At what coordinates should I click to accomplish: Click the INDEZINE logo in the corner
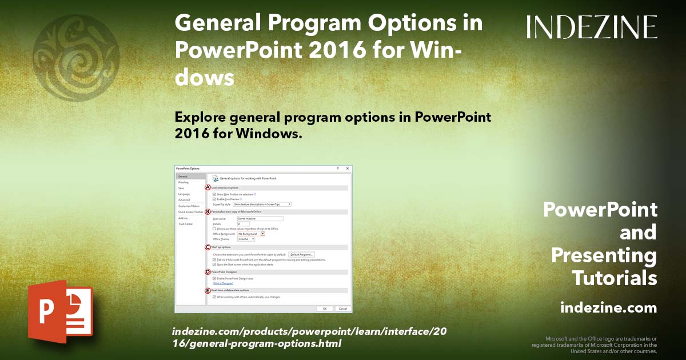pyautogui.click(x=592, y=27)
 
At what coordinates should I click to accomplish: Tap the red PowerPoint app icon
pyautogui.click(x=60, y=311)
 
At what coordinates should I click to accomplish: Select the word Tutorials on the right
pyautogui.click(x=615, y=278)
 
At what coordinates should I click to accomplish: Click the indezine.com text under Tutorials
pyautogui.click(x=608, y=308)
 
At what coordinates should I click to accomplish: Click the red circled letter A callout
pyautogui.click(x=208, y=187)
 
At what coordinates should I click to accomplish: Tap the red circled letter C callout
pyautogui.click(x=208, y=247)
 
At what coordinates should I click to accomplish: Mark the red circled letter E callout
pyautogui.click(x=208, y=290)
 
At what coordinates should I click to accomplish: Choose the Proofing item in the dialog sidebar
pyautogui.click(x=184, y=182)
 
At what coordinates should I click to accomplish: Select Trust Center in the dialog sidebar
pyautogui.click(x=186, y=224)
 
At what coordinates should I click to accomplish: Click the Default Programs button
pyautogui.click(x=302, y=254)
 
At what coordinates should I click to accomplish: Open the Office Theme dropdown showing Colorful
pyautogui.click(x=246, y=239)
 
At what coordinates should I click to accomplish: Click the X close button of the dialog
pyautogui.click(x=348, y=169)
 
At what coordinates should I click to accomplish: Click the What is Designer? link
pyautogui.click(x=224, y=283)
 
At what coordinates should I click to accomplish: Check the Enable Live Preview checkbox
pyautogui.click(x=214, y=199)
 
